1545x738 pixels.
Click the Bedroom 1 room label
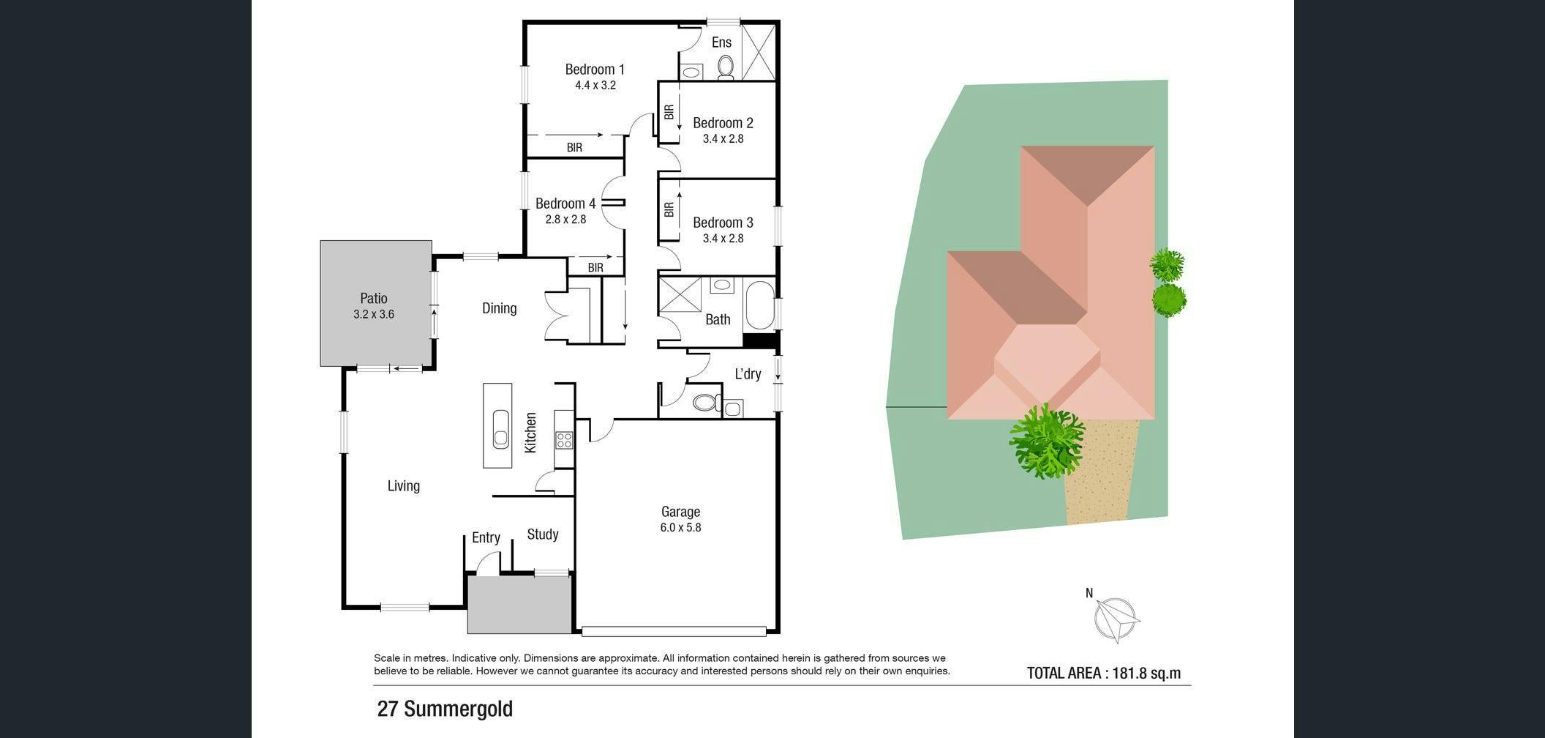tap(595, 70)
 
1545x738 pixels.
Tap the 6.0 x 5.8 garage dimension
tap(681, 527)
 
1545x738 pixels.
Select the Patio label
tap(374, 298)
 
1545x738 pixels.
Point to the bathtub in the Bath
tap(759, 305)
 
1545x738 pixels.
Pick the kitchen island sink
tap(501, 428)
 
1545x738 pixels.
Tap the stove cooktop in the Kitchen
tap(564, 440)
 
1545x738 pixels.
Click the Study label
tap(543, 534)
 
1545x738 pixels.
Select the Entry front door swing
tap(486, 562)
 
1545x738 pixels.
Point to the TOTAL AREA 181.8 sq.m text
tap(1104, 673)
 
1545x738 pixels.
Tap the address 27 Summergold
tap(445, 709)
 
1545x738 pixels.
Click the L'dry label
tap(748, 374)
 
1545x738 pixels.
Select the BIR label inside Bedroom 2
tap(669, 112)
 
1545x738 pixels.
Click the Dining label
tap(500, 308)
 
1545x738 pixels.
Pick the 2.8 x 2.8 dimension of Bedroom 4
tap(565, 219)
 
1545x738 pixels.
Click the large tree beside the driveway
tap(1046, 441)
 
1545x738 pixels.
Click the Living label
tap(404, 486)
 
